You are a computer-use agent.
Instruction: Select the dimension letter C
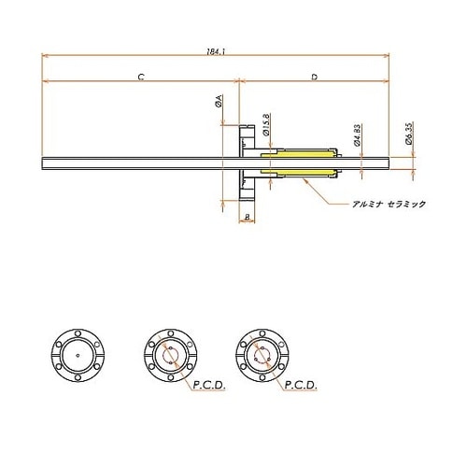pos(140,78)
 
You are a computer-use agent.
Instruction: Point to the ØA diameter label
pos(218,101)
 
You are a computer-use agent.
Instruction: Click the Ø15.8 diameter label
pos(268,123)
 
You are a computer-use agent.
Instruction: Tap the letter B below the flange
pos(246,218)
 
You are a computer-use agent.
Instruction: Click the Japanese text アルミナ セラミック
pos(385,205)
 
